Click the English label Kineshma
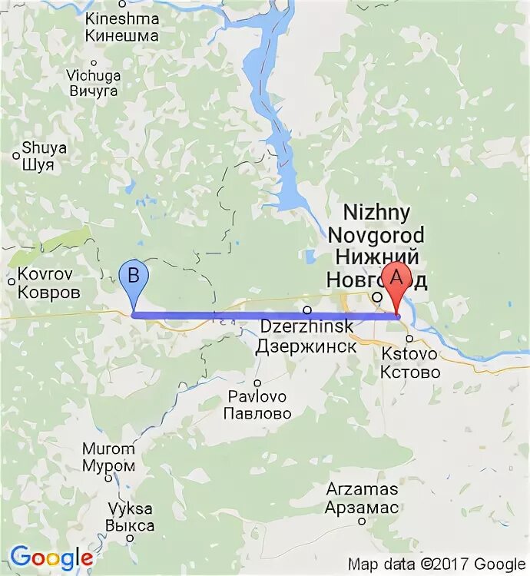point(123,18)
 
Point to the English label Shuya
point(45,148)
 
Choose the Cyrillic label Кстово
point(411,372)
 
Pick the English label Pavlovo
point(257,396)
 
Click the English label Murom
point(109,449)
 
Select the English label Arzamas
point(362,489)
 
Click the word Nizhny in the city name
point(376,213)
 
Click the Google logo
point(51,558)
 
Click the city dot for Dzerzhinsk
point(306,310)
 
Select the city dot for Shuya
point(17,156)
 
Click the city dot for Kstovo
point(410,338)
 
